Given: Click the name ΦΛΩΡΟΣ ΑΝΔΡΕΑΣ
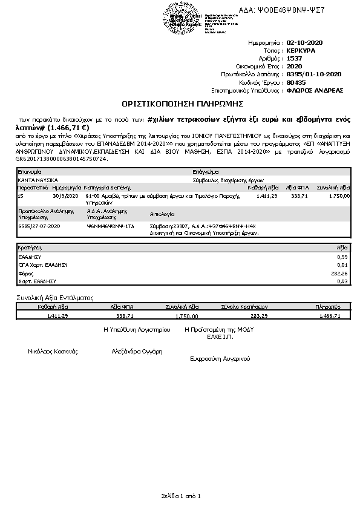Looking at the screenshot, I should click(315, 90).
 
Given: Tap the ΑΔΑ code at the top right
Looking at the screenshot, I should click(290, 10).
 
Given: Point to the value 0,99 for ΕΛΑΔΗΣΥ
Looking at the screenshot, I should click(342, 257).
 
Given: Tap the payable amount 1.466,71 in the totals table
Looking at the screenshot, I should click(330, 315).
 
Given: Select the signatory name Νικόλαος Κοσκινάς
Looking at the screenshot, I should click(53, 351).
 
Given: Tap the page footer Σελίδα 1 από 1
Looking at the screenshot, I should click(180, 496).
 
